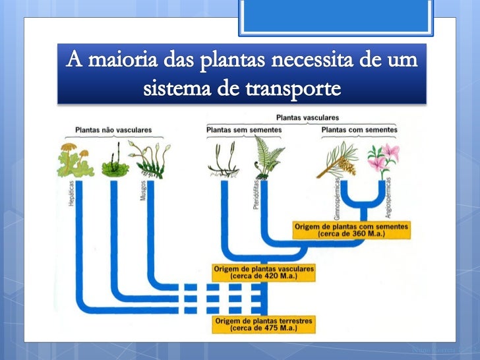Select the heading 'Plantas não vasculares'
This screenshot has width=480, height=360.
(x=113, y=130)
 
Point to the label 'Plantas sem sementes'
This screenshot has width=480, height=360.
(x=243, y=130)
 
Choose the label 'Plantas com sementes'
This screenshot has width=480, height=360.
(x=359, y=130)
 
